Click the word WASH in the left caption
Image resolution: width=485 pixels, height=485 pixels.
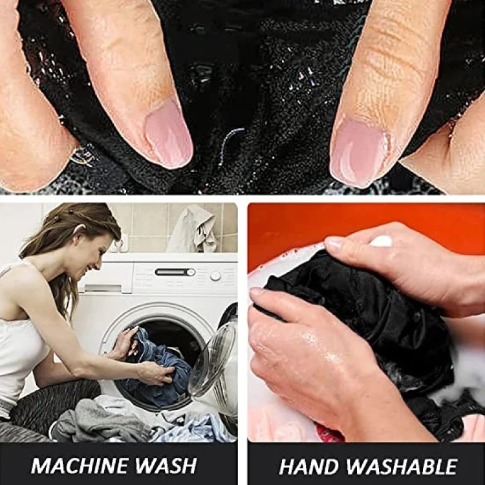tap(165, 465)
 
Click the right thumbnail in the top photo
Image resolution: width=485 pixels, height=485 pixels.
tap(359, 152)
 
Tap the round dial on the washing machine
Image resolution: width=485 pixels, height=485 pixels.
tap(215, 275)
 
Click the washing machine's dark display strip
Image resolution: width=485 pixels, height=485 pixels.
tap(175, 272)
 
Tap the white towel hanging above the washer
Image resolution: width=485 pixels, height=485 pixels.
tap(195, 229)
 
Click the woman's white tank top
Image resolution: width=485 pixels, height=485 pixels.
tap(19, 347)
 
